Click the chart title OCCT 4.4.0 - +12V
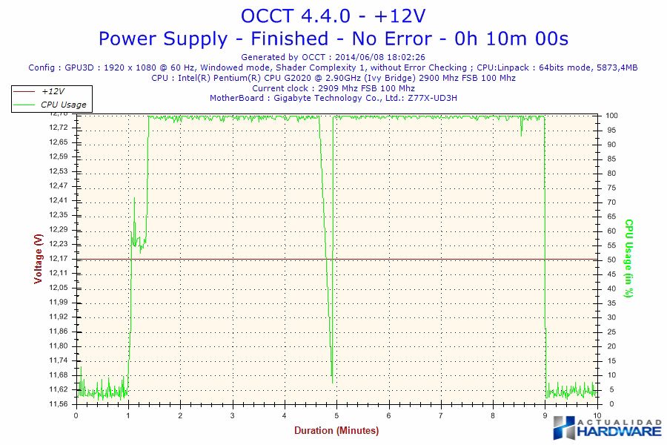333,16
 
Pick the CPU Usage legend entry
63,105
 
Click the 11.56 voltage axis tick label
58,404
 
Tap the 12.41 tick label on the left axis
58,200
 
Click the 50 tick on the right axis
610,260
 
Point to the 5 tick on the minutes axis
336,415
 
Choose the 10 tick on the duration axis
597,415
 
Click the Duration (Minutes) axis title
336,430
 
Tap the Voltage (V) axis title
38,258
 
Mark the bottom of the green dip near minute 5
332,383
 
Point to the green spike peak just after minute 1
134,198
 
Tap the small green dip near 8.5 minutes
521,134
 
